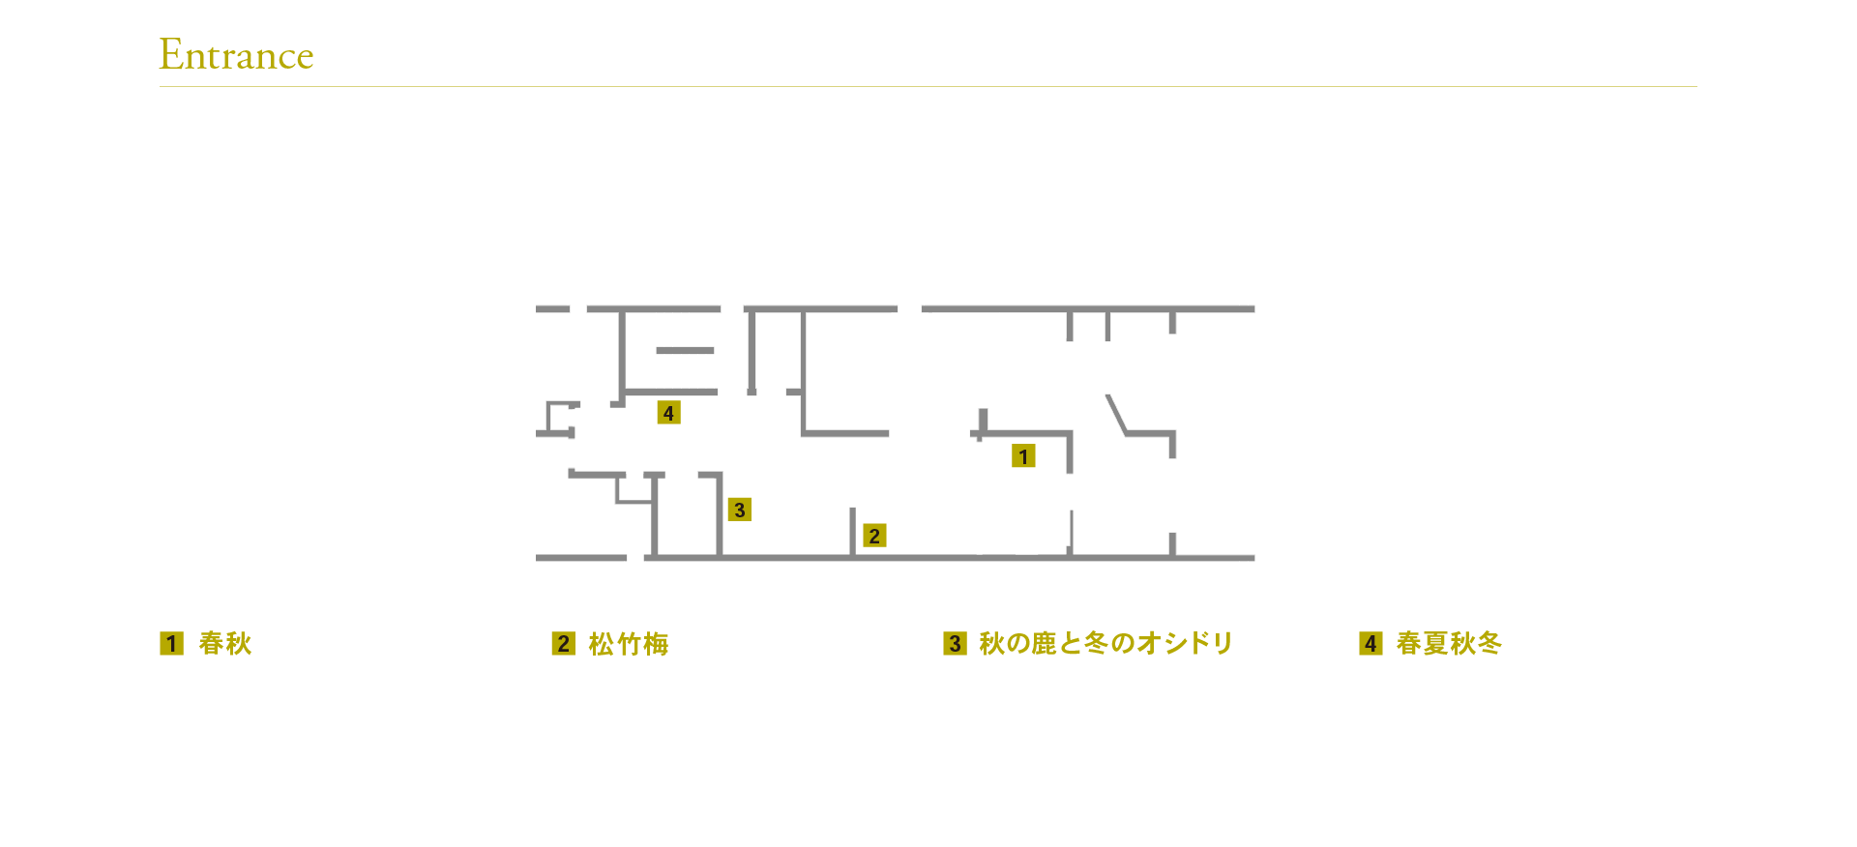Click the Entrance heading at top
click(x=236, y=55)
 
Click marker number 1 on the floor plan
click(x=1023, y=456)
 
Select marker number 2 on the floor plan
click(x=874, y=536)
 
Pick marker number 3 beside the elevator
click(x=739, y=510)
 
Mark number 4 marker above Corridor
click(x=668, y=413)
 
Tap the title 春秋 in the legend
click(x=224, y=644)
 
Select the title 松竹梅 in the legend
click(x=629, y=644)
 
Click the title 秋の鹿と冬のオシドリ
click(x=1105, y=644)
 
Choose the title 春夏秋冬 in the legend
click(x=1448, y=644)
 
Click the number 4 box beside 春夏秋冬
click(x=1371, y=644)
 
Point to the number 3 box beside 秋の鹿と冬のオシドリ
click(x=955, y=644)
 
